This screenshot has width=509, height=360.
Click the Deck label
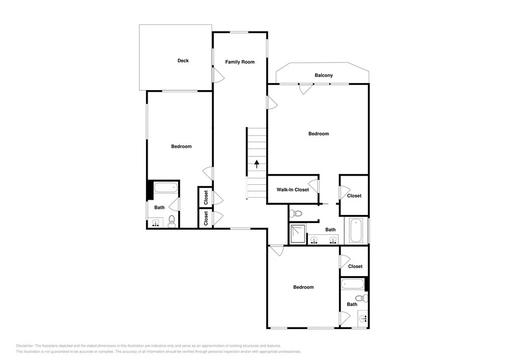coord(183,61)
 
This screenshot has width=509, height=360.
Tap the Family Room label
coord(240,62)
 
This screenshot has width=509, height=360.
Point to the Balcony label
coord(324,75)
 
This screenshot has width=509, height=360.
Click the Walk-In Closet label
coord(293,189)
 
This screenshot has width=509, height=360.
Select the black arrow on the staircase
coord(257,164)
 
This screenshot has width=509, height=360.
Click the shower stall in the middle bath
coord(298,234)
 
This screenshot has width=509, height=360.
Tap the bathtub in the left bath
coord(166,187)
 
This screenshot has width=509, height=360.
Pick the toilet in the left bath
coord(172,221)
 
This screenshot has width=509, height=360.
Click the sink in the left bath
coord(156,223)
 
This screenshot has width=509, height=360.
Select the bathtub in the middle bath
coord(356,231)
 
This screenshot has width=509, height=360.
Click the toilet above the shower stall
coord(295,213)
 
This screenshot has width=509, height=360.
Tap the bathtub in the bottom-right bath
coord(353,284)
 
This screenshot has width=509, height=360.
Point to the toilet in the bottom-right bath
coord(361,298)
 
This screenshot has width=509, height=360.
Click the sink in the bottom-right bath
coord(363,319)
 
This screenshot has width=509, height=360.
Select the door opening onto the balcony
coord(306,89)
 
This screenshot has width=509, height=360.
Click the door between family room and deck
coord(218,75)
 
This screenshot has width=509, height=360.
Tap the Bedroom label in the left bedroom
coord(182,147)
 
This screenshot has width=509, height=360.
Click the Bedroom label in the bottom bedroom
coord(303,287)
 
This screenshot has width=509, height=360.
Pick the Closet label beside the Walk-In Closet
coord(354,196)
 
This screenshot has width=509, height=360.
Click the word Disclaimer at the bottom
coord(24,346)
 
